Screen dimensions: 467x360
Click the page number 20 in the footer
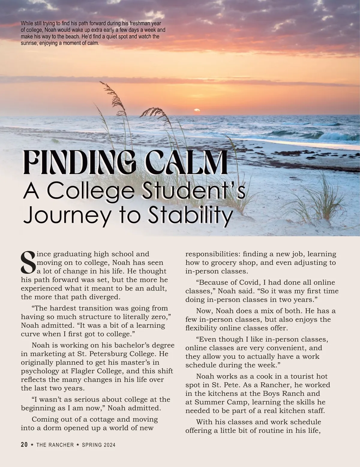24,445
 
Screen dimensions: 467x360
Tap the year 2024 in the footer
110,445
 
